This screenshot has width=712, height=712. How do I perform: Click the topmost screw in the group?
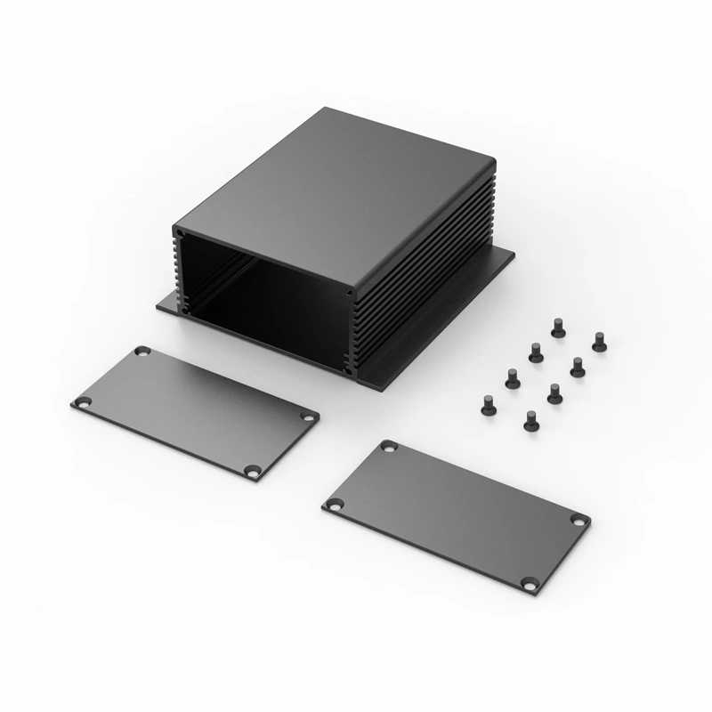[x=558, y=328]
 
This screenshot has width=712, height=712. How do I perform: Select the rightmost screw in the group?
[x=599, y=340]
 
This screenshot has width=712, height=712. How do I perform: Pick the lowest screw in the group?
[x=530, y=419]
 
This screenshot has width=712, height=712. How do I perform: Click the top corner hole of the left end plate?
[x=142, y=352]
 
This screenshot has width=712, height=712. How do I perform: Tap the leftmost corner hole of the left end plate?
[x=83, y=402]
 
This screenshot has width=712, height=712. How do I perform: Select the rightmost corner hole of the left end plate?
[x=308, y=417]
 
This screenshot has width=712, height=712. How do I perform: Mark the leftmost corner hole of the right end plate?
[x=334, y=505]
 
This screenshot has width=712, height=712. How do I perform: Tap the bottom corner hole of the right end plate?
[x=530, y=585]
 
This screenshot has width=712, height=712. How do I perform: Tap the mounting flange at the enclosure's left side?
[x=167, y=304]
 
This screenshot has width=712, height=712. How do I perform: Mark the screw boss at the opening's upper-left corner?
[x=181, y=235]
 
